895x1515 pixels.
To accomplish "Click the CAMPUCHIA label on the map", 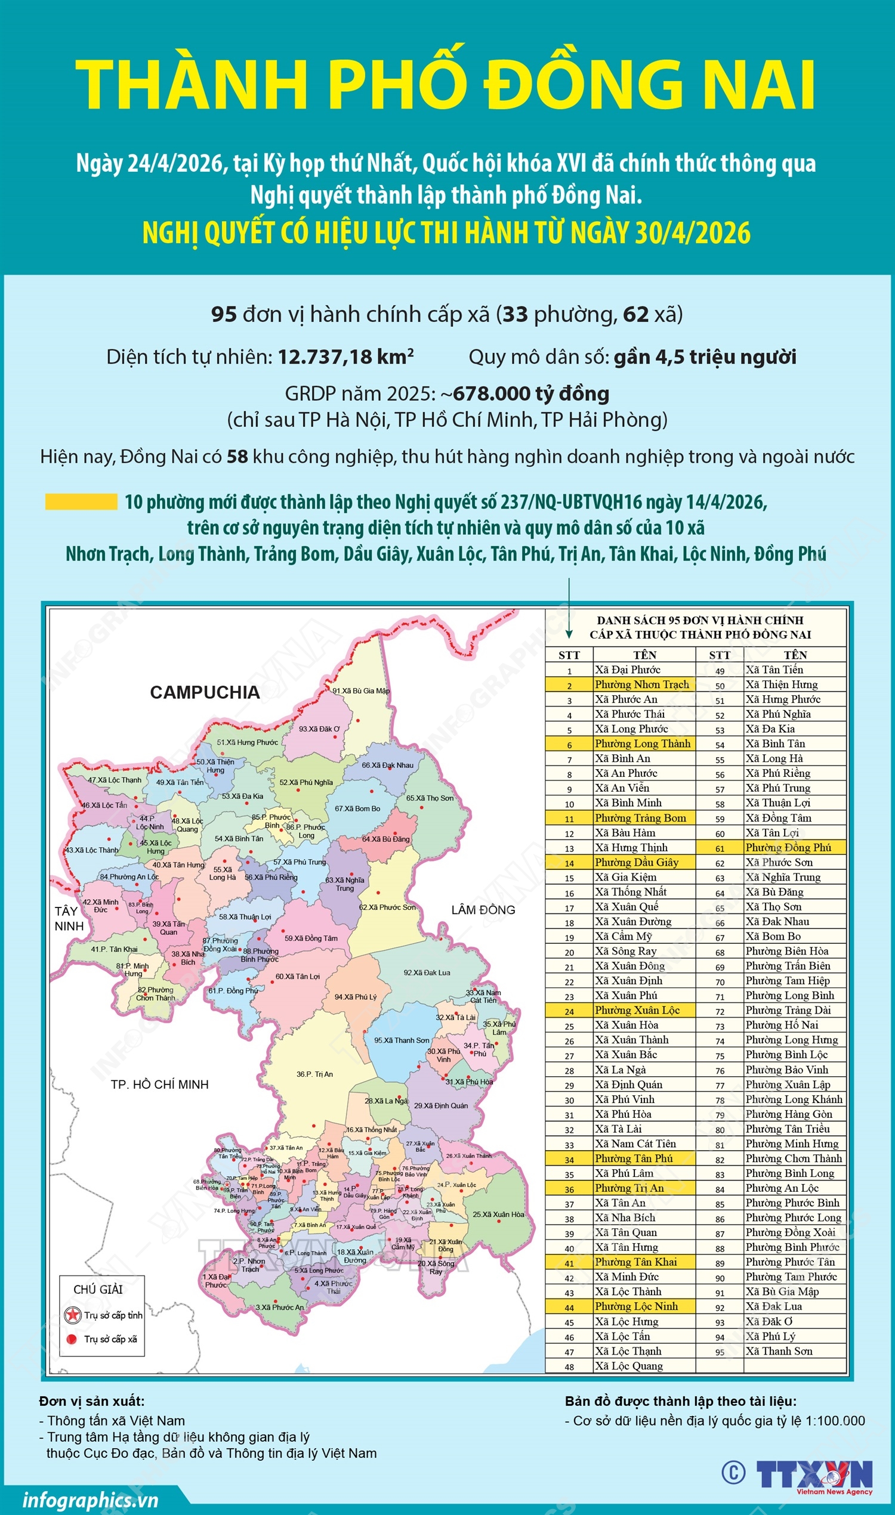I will tap(205, 692).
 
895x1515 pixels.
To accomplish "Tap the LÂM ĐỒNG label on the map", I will tap(483, 910).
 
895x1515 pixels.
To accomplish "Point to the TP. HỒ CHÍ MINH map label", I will tap(159, 1084).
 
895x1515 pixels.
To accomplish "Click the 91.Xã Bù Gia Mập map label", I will tap(361, 690).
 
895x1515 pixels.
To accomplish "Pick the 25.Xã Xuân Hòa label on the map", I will tap(498, 1214).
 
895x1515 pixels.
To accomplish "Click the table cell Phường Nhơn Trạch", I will tap(641, 684).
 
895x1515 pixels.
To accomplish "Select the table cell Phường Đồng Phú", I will tap(788, 847).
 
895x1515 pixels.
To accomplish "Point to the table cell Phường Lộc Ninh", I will tap(636, 1306).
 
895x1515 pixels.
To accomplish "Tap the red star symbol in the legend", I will tap(73, 1315).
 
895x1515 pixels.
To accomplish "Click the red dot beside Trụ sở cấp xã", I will tap(72, 1339).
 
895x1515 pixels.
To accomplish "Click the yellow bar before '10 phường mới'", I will tap(81, 502).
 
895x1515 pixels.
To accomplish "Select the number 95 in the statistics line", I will tap(223, 314).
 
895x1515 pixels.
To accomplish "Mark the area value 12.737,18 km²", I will tap(345, 357).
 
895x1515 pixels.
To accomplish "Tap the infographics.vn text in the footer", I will tap(91, 1500).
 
